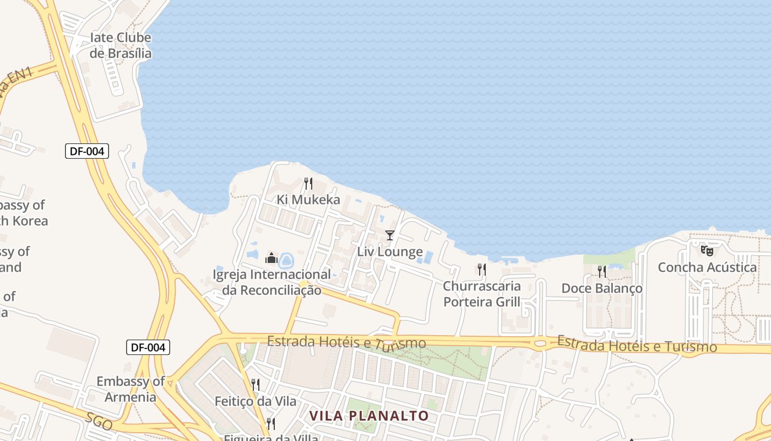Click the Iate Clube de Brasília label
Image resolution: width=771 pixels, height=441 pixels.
(120, 46)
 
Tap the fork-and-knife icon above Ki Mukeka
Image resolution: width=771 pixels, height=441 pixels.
(308, 183)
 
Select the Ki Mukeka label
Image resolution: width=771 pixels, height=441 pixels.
(308, 200)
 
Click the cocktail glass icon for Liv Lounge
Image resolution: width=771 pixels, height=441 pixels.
(390, 235)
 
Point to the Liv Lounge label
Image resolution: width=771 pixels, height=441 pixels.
(390, 252)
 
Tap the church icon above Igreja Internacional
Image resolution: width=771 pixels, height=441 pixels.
(271, 257)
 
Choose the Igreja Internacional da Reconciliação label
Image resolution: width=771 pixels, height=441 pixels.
(272, 282)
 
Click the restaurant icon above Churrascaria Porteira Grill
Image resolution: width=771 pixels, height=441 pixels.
(481, 270)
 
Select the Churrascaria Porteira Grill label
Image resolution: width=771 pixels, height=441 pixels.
(482, 294)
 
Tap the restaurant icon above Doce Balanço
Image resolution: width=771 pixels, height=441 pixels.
(601, 271)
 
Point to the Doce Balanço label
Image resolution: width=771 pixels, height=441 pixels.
(601, 288)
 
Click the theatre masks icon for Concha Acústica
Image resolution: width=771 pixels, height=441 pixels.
(707, 251)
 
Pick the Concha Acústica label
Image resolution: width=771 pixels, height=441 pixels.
(707, 267)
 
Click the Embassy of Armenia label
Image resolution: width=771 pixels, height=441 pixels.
(131, 389)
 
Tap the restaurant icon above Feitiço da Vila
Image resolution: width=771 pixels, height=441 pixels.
(256, 384)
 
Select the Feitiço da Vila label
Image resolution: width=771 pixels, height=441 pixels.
(256, 401)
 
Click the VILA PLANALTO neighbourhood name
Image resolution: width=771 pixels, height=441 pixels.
(369, 416)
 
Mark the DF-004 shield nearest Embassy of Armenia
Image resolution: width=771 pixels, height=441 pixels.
(148, 347)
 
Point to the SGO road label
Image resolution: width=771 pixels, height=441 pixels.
(99, 421)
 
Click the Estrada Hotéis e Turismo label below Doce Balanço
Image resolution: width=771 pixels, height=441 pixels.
(637, 345)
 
